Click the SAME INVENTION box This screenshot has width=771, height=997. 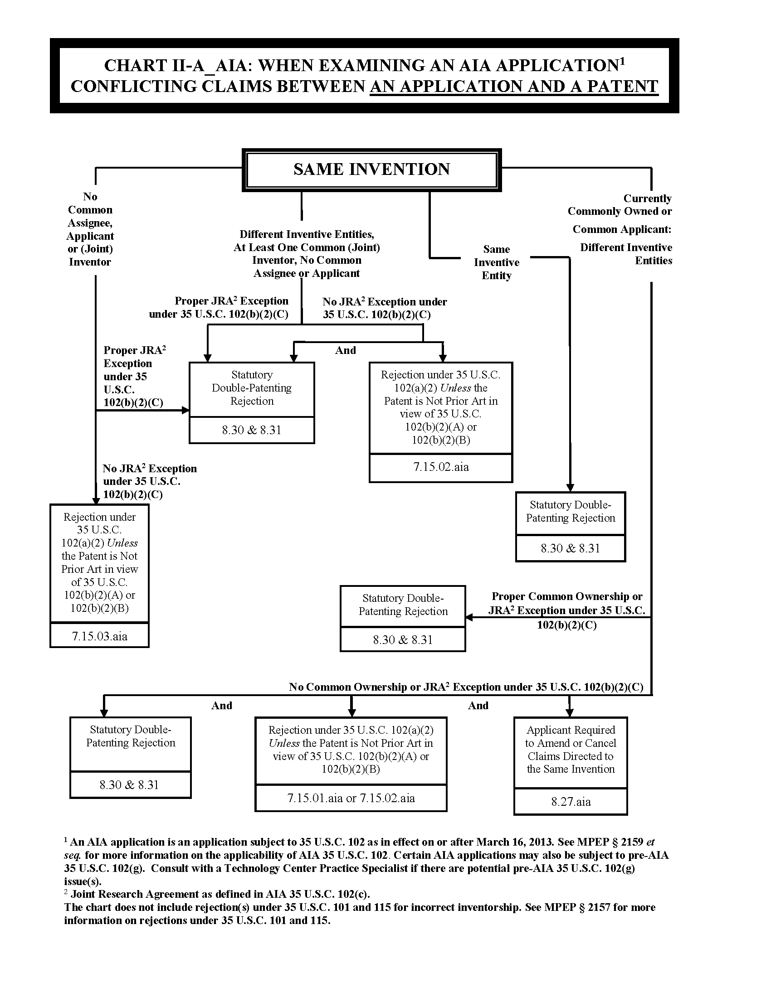click(371, 169)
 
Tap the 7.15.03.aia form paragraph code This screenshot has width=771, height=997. click(99, 636)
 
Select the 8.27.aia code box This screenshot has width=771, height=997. click(571, 802)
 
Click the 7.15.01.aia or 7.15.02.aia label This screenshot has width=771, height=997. click(351, 798)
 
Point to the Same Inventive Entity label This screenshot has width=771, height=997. click(497, 262)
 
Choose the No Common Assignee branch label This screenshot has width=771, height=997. click(90, 229)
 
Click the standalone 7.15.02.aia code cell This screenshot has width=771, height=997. click(441, 467)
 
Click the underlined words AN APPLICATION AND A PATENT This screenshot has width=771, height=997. click(514, 87)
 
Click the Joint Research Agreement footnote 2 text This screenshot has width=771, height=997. click(220, 894)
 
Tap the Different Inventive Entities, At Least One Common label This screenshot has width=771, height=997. click(307, 253)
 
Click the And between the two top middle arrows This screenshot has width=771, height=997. click(345, 350)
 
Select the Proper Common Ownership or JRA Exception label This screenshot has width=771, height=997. click(566, 610)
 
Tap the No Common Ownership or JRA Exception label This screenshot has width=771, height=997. click(466, 687)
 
